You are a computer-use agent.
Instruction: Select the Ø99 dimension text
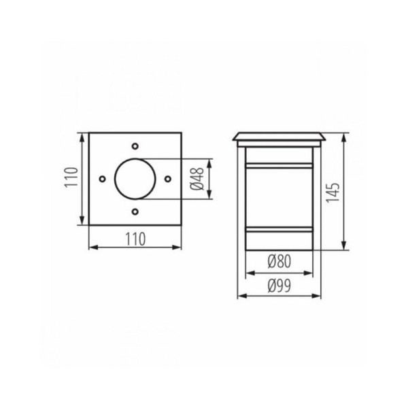(x=279, y=286)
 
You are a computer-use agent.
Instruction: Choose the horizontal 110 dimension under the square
(x=135, y=239)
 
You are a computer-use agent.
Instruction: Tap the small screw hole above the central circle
(x=135, y=146)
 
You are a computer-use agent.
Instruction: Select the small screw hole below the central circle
(x=135, y=211)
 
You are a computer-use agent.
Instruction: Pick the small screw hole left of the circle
(x=102, y=180)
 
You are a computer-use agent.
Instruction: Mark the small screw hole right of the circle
(x=167, y=179)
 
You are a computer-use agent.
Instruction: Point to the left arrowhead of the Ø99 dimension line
(x=239, y=296)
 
